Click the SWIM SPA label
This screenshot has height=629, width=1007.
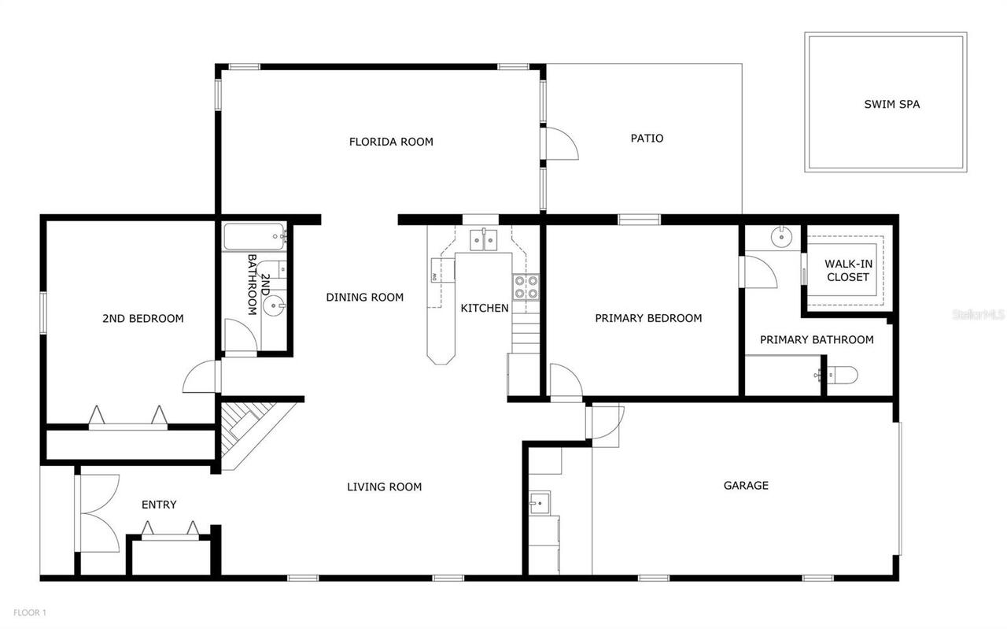tap(891, 104)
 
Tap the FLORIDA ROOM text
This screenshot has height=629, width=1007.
tap(391, 142)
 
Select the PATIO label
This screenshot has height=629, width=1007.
tap(647, 138)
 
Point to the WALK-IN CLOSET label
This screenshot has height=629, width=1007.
tap(848, 270)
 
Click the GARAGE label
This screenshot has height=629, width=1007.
tap(745, 485)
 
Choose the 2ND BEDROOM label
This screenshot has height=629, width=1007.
tap(142, 318)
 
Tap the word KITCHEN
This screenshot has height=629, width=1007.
tap(484, 308)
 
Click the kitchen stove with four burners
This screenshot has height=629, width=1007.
tap(526, 287)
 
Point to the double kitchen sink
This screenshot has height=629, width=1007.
tap(482, 239)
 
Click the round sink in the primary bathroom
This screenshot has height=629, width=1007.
tap(782, 235)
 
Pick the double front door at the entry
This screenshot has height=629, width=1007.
tap(97, 512)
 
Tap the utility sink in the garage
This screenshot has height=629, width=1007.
tap(539, 501)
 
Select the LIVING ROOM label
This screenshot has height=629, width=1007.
tap(384, 487)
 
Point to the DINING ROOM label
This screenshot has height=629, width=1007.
tap(364, 297)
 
